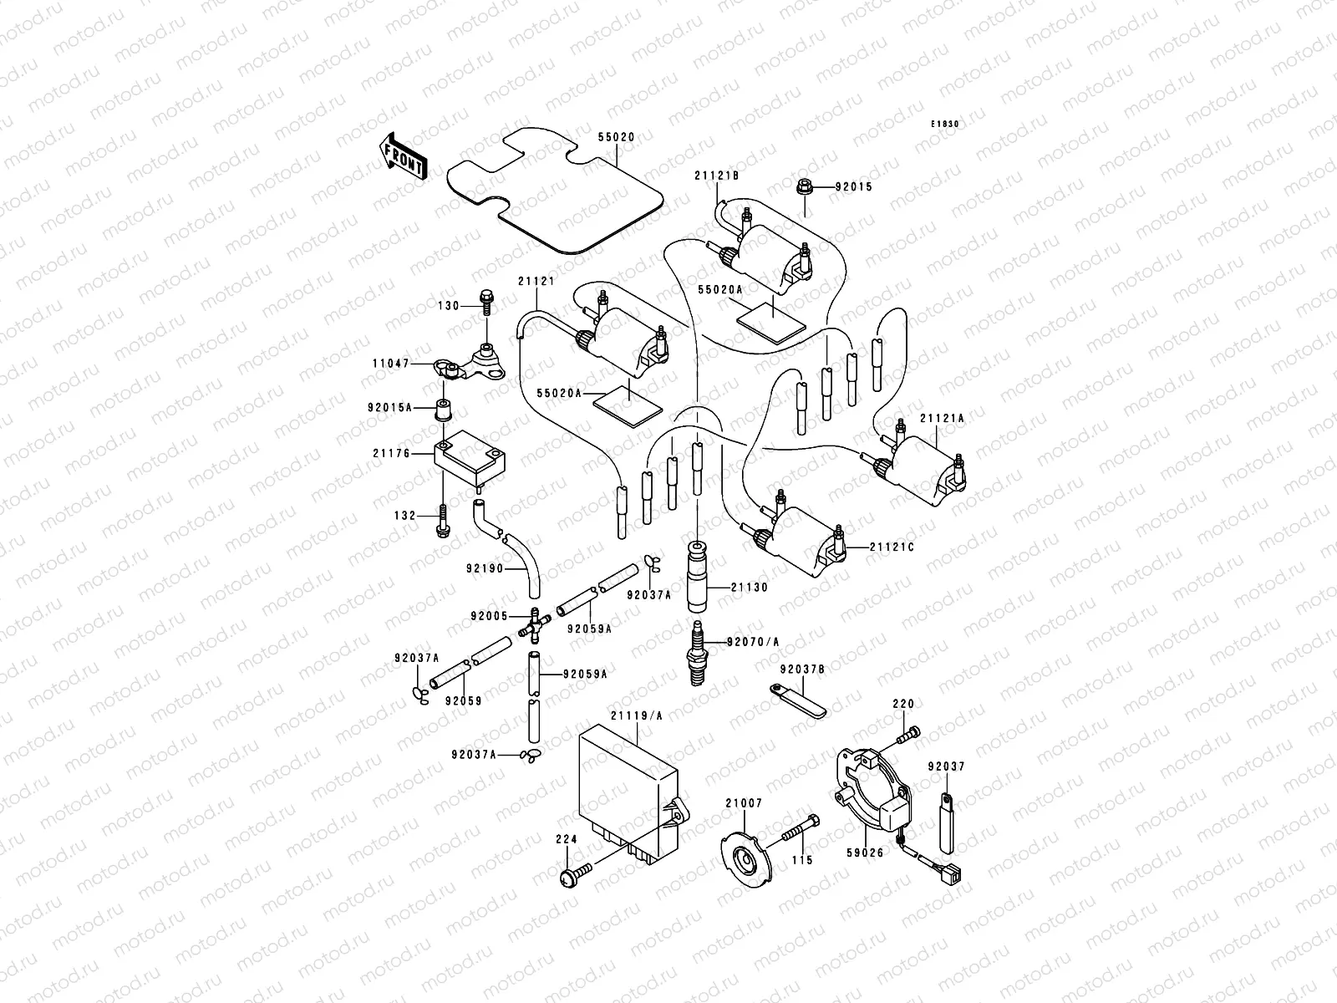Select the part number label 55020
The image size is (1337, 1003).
click(616, 137)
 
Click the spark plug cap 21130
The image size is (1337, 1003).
click(697, 577)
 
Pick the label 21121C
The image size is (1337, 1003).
click(892, 547)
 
